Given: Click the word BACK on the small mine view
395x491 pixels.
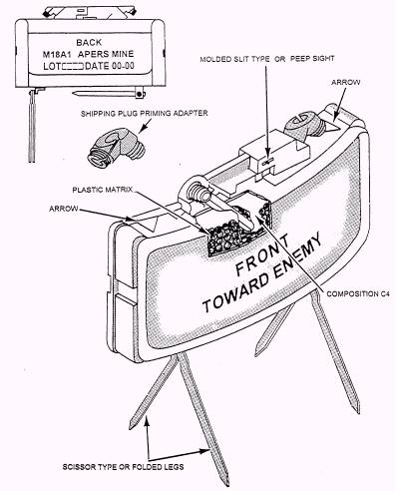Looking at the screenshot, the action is pos(89,43).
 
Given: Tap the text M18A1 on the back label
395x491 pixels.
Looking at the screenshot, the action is pos(57,54).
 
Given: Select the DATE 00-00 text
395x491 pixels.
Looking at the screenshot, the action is pos(110,66).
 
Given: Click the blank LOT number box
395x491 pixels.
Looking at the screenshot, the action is pos(73,66).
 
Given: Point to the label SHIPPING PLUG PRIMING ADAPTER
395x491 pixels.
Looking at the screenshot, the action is pos(144,114).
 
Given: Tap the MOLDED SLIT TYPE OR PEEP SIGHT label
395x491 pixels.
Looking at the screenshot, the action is pos(267,59).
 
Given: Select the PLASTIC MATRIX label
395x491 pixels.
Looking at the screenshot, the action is pos(103,190).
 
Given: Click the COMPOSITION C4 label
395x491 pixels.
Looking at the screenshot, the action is pos(358,294).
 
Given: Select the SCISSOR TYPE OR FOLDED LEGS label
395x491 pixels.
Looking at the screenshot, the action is pos(123,467).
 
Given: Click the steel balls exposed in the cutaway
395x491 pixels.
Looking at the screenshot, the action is pos(229,238).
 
